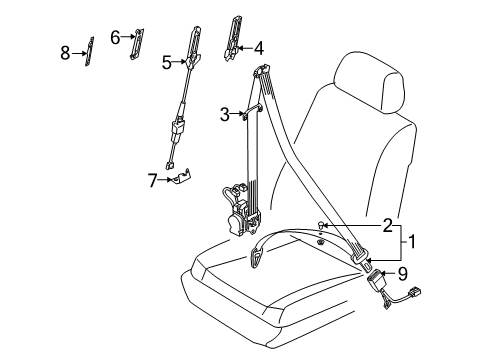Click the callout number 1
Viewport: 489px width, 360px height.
pos(412,242)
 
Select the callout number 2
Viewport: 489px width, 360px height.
pos(388,225)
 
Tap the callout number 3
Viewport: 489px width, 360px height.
pos(225,114)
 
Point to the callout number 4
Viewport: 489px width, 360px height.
pos(258,48)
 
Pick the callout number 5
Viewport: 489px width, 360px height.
pos(167,62)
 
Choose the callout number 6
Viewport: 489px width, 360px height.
pos(115,37)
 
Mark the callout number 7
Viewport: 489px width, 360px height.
pos(152,181)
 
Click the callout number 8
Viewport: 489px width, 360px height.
pos(65,53)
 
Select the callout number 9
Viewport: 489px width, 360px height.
pos(403,274)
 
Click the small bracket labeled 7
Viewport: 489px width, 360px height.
pos(183,176)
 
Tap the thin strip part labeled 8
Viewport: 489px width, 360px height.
pos(89,52)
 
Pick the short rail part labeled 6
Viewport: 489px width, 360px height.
pos(136,44)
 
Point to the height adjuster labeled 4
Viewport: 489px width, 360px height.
pos(233,38)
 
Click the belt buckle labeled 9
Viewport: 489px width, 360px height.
pos(375,278)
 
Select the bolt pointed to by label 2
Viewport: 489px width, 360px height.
pos(321,225)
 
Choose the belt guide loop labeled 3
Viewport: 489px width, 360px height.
pos(252,111)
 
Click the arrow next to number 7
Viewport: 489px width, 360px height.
pos(166,180)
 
